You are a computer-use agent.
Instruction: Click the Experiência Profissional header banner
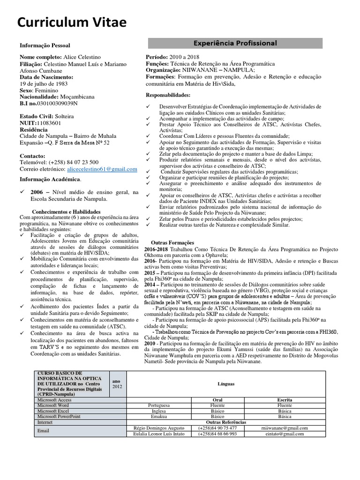point(235,44)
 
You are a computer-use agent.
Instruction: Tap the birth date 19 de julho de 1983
point(43,83)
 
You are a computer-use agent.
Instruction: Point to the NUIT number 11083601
point(49,123)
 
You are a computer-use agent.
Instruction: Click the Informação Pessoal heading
point(45,46)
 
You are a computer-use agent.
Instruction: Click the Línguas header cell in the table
point(226,384)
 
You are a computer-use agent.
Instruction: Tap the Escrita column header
point(284,400)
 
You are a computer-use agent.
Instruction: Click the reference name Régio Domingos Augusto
point(159,428)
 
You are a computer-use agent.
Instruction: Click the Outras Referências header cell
point(226,422)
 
